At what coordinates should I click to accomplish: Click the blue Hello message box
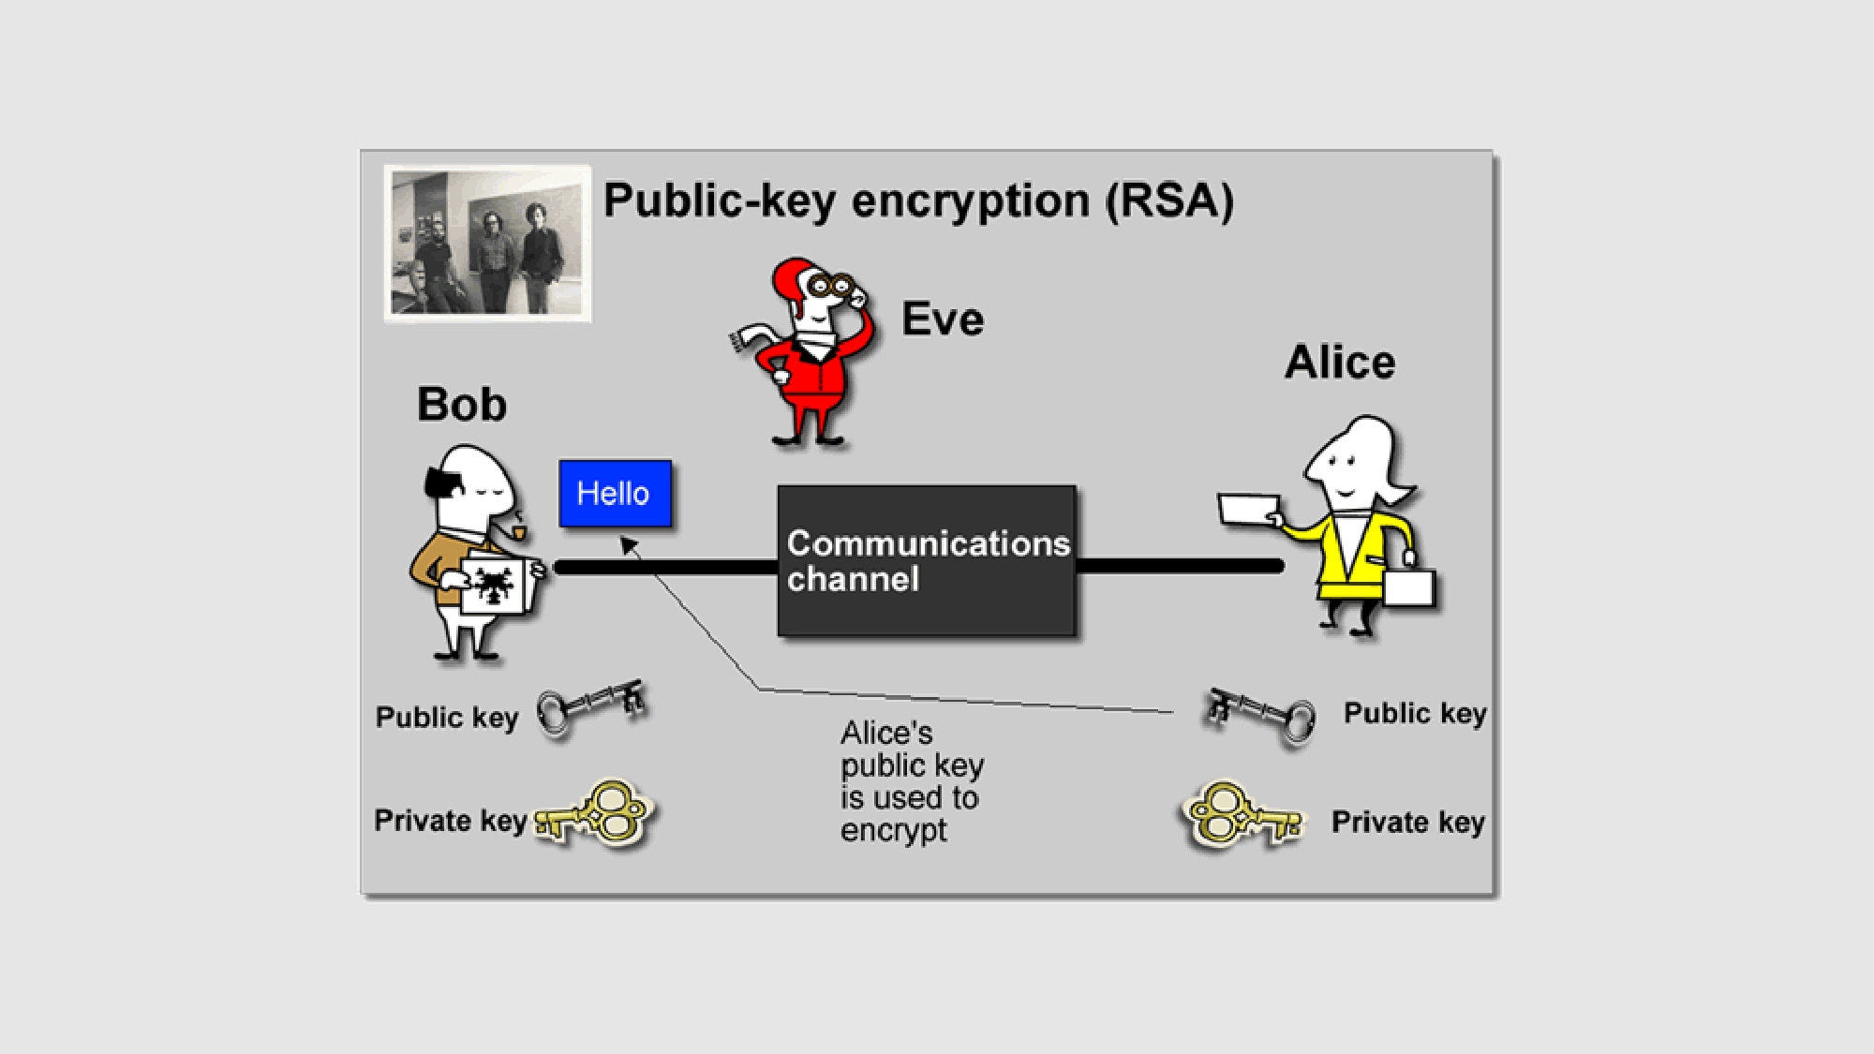(x=615, y=493)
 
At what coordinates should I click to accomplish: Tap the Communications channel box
(x=926, y=560)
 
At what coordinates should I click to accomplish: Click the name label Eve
(x=942, y=319)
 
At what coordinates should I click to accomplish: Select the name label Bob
(x=461, y=405)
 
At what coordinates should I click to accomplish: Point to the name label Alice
(x=1339, y=363)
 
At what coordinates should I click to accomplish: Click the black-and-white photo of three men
(x=487, y=244)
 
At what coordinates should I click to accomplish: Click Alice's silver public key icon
(x=1260, y=714)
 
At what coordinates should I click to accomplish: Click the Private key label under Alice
(x=1407, y=823)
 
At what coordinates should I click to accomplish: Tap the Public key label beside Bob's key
(x=446, y=718)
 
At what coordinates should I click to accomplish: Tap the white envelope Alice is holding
(x=1250, y=510)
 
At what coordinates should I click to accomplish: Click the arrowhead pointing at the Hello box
(x=629, y=544)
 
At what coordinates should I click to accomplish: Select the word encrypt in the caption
(x=893, y=830)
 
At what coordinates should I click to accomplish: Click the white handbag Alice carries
(x=1408, y=587)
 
